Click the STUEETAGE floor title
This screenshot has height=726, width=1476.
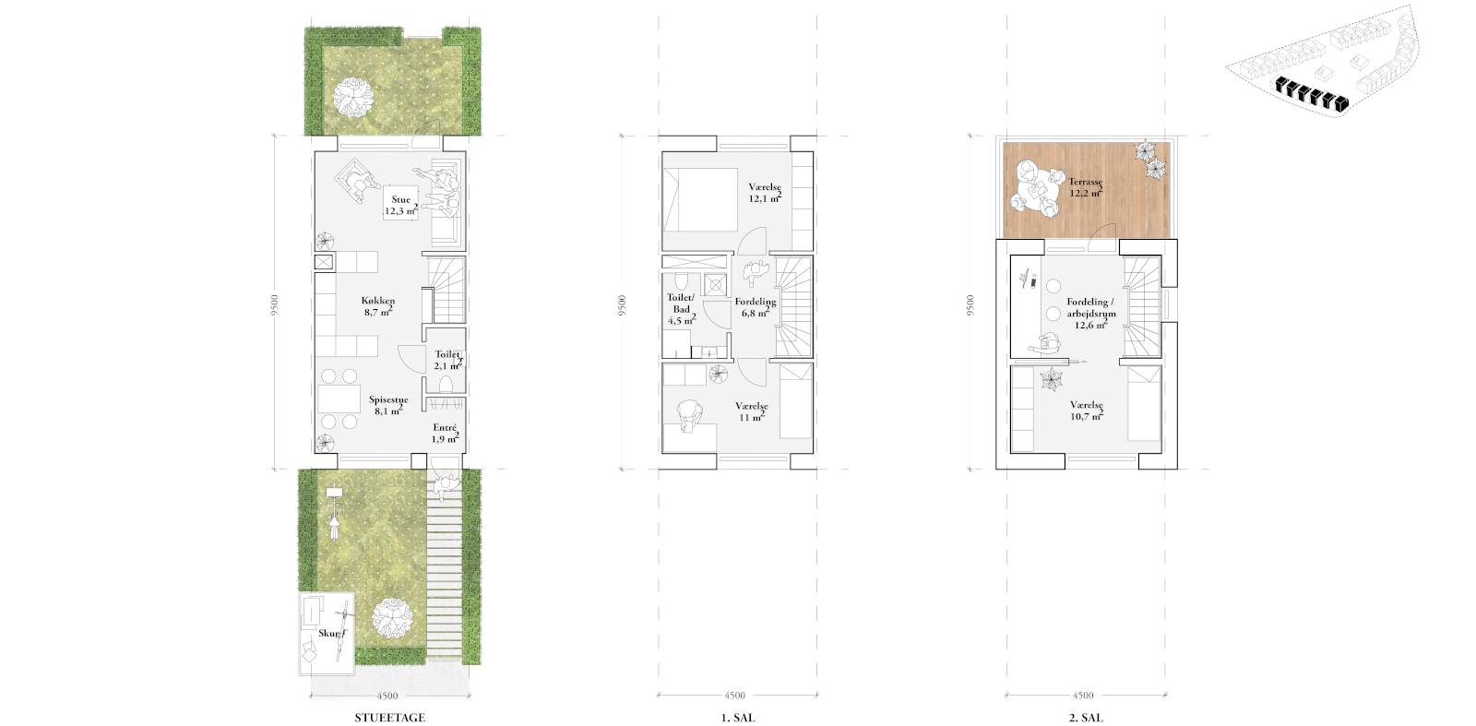tap(389, 718)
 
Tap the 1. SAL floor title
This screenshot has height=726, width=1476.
tap(738, 718)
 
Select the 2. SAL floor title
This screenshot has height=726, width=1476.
tap(1085, 718)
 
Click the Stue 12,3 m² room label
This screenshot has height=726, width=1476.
tap(400, 205)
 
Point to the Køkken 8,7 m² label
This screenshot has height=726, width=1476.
tap(378, 306)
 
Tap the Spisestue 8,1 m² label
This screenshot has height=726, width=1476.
tap(388, 405)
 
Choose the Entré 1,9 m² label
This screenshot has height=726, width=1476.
tap(445, 433)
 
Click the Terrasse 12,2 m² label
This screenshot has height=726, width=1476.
tap(1085, 187)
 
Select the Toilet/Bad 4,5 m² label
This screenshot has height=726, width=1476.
tap(682, 309)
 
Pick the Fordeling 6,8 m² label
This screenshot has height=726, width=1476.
tap(756, 307)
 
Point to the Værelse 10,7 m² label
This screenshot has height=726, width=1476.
tap(1087, 411)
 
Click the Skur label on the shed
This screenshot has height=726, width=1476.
tap(331, 633)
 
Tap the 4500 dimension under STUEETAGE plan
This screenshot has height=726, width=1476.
tap(387, 696)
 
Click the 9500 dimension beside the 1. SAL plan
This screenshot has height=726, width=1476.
tap(623, 305)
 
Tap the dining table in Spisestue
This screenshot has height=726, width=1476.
tap(339, 399)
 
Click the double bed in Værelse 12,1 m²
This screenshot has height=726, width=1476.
tap(700, 199)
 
